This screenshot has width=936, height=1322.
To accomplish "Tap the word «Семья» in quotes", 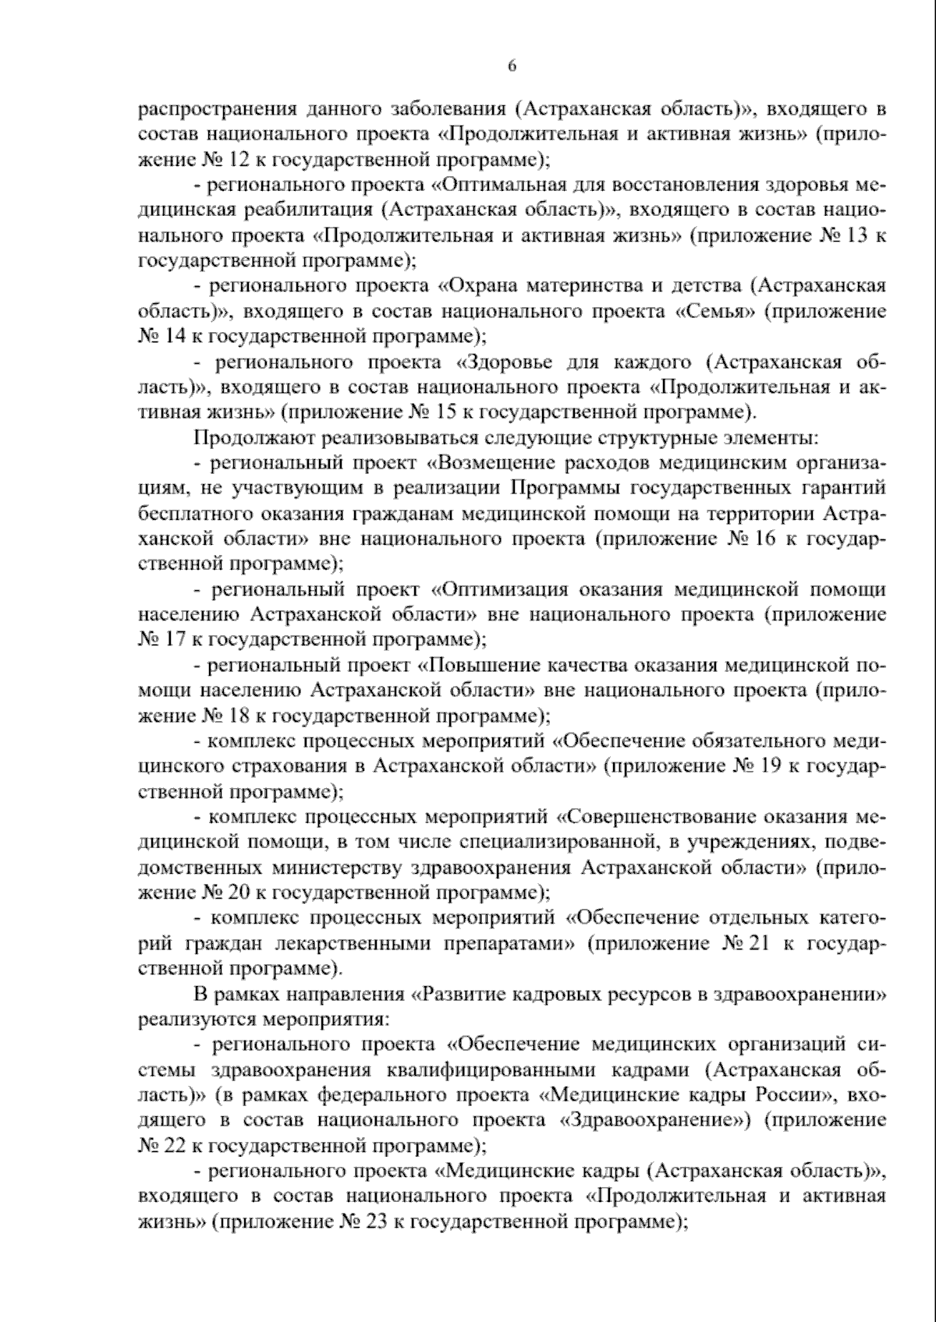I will click(x=712, y=311).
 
